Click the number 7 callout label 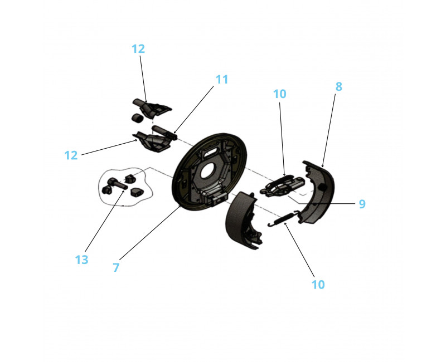click(x=116, y=267)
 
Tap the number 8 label click(x=339, y=86)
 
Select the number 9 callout click(x=362, y=204)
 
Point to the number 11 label click(x=222, y=79)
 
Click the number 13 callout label click(x=81, y=260)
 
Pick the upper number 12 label click(x=138, y=48)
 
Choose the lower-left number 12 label click(x=71, y=155)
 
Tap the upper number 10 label click(x=280, y=94)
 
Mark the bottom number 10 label click(x=318, y=285)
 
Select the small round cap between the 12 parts click(x=137, y=118)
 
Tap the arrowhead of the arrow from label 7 click(x=180, y=206)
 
